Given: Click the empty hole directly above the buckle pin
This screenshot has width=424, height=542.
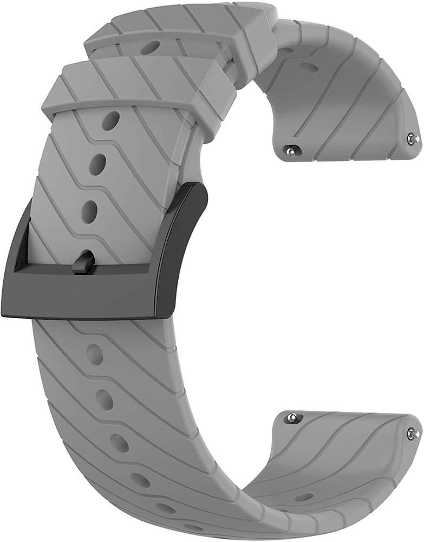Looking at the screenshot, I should click(90, 208).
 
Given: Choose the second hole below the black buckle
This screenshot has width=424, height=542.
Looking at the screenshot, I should click(105, 400).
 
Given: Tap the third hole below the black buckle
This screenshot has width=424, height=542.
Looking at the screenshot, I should click(120, 443).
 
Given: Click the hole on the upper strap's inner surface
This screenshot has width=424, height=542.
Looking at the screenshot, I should click(309, 67).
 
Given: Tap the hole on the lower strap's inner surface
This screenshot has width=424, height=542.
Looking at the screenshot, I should click(304, 496).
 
